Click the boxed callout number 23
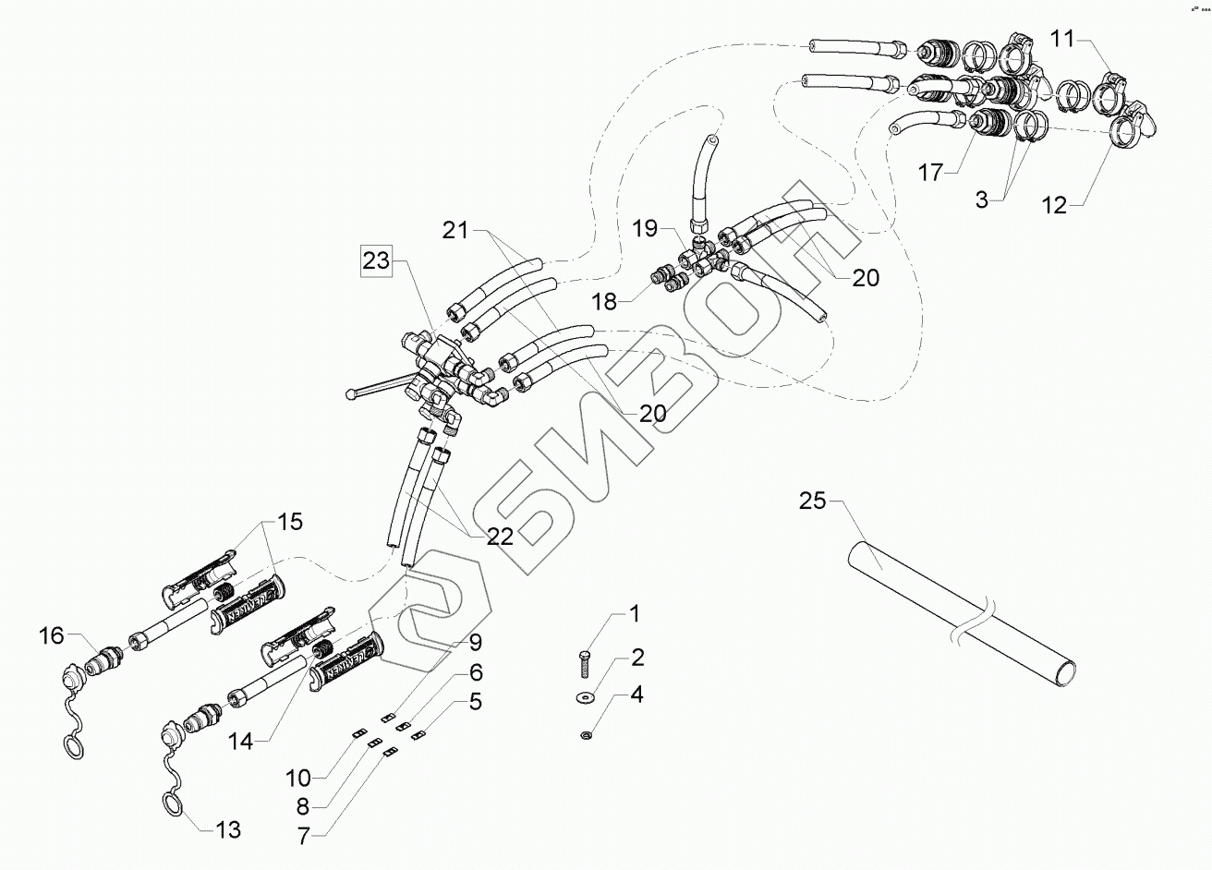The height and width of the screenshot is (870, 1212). pos(376,261)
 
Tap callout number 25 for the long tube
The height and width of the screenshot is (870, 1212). pos(813,502)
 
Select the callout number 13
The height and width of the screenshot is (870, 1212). pos(227,829)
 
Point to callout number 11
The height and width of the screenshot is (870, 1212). pos(1063,38)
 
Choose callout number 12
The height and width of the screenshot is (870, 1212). pos(1054,205)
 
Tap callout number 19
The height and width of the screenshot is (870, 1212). pos(648,227)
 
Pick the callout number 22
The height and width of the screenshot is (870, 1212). pos(500,538)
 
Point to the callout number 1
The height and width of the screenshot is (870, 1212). pos(634,613)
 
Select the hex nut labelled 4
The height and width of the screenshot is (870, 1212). pos(587,735)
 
